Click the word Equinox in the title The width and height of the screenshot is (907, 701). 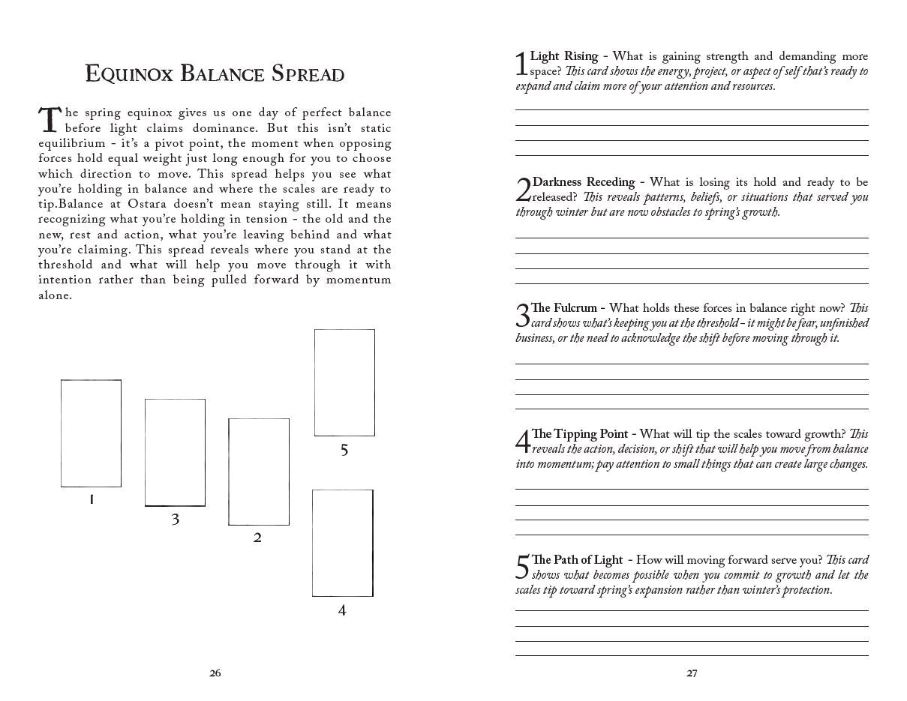pos(130,74)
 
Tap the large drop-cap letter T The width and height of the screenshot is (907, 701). pos(49,120)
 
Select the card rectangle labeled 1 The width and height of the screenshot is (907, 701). pos(91,433)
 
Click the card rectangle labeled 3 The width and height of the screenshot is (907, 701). pos(175,452)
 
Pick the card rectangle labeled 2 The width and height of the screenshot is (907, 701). pos(258,472)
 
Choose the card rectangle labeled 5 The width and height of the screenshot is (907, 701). pos(344,382)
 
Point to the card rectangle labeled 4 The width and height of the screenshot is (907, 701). pos(342,543)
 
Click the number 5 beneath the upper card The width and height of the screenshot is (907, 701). pos(344,450)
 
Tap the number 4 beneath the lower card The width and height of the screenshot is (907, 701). pos(342,610)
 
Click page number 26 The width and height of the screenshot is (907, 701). pos(215,673)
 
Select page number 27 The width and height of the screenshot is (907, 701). pos(692,673)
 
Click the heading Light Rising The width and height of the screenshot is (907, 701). pos(564,56)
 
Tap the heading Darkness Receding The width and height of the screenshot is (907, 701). pos(584,182)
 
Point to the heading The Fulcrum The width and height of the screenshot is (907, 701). pos(564,308)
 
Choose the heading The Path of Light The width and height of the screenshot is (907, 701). pos(577,560)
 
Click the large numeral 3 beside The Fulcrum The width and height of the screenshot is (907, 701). pos(522,315)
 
